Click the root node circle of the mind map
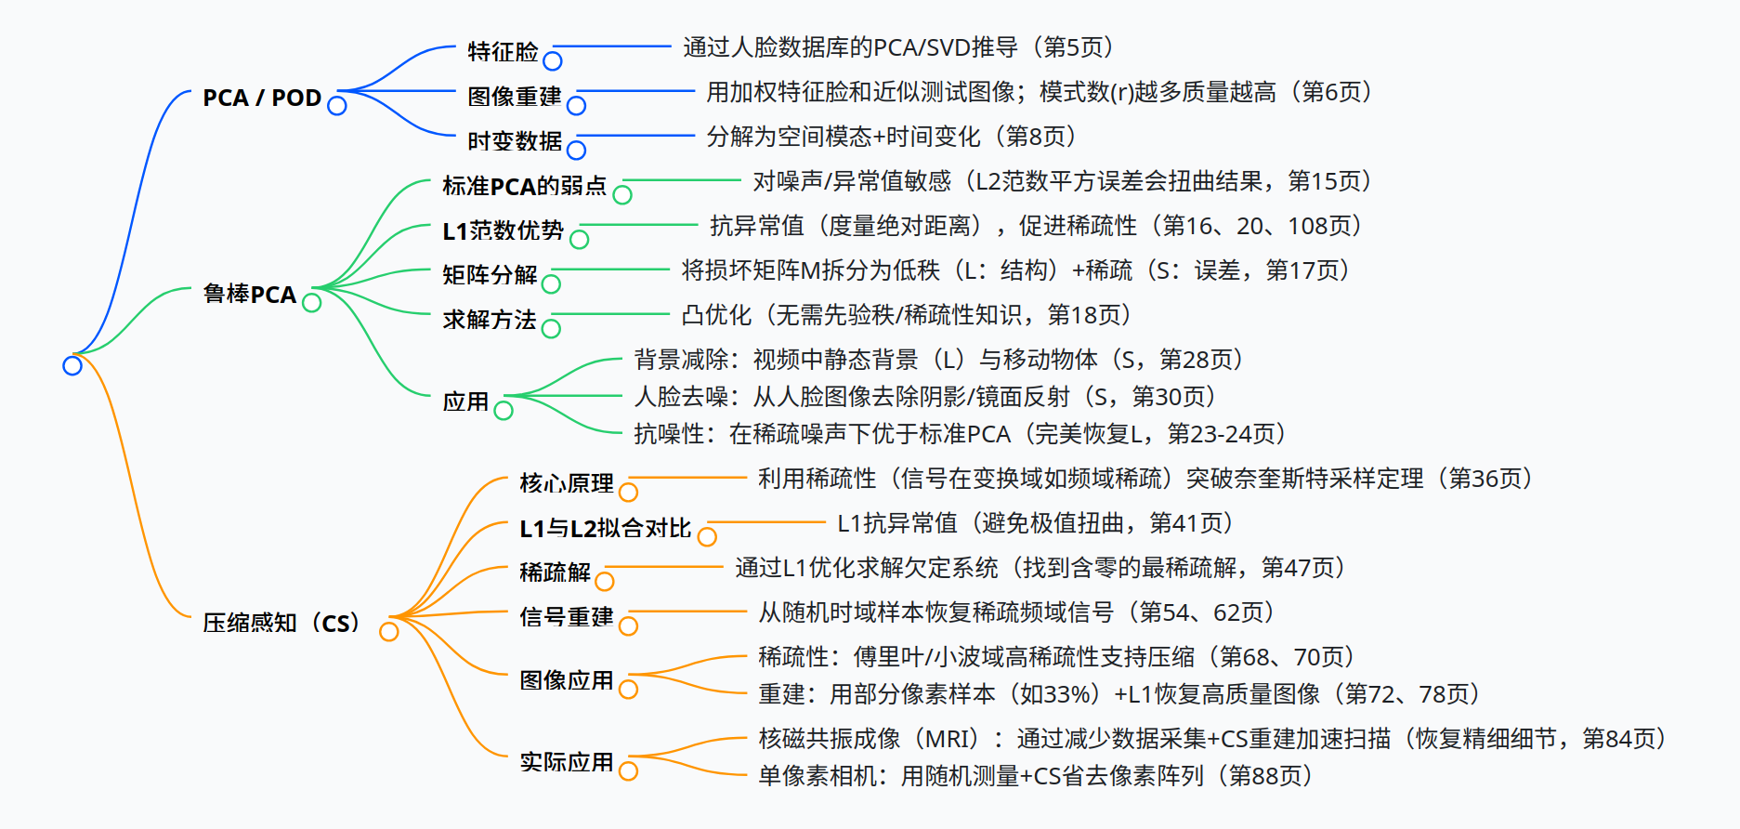pyautogui.click(x=72, y=365)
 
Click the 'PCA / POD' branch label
pyautogui.click(x=262, y=98)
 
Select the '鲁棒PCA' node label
pyautogui.click(x=250, y=295)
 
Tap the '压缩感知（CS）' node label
pyautogui.click(x=281, y=623)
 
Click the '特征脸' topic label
pyautogui.click(x=504, y=51)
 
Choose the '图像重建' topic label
pyautogui.click(x=515, y=96)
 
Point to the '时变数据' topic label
pyautogui.click(x=515, y=140)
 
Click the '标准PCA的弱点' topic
pyautogui.click(x=525, y=186)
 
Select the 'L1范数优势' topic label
pyautogui.click(x=504, y=230)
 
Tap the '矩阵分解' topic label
pyautogui.click(x=491, y=275)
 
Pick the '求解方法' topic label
pyautogui.click(x=491, y=320)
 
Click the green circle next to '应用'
pyautogui.click(x=504, y=410)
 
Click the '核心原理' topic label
pyautogui.click(x=567, y=483)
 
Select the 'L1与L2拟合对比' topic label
pyautogui.click(x=606, y=528)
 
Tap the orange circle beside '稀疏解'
pyautogui.click(x=605, y=581)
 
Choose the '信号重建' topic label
pyautogui.click(x=567, y=617)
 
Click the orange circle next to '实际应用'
pyautogui.click(x=629, y=770)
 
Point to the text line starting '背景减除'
pyautogui.click(x=938, y=360)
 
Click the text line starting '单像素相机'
pyautogui.click(x=1036, y=776)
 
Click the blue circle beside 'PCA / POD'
pyautogui.click(x=337, y=106)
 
